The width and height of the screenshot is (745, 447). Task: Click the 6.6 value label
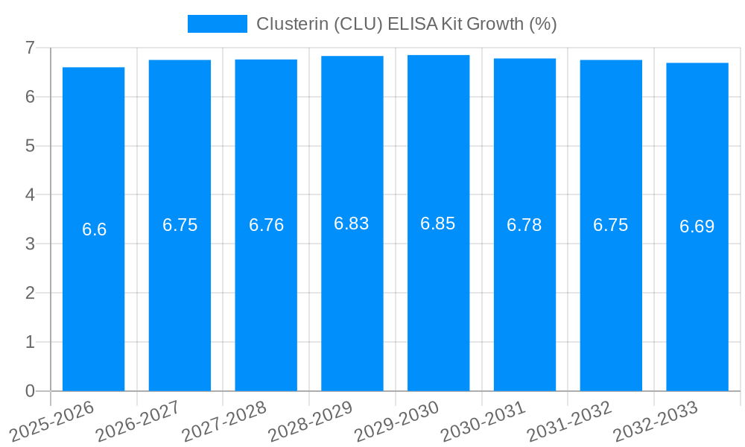(94, 229)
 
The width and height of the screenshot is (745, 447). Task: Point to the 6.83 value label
(352, 223)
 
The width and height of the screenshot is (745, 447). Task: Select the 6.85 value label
(438, 223)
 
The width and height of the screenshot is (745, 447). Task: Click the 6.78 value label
(524, 225)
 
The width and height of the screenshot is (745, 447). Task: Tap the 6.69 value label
(697, 226)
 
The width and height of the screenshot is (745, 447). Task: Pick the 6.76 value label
(266, 225)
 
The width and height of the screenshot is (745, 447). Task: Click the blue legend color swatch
(217, 24)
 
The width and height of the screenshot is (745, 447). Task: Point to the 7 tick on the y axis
(30, 48)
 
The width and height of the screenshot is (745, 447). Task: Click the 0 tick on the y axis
(30, 391)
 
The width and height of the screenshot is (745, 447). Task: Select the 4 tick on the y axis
(30, 195)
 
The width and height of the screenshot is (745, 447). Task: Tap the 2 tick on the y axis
(30, 293)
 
